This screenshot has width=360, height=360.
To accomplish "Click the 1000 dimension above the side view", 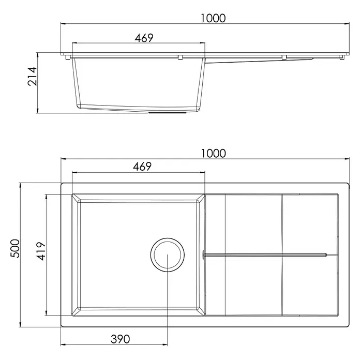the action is pyautogui.click(x=213, y=18).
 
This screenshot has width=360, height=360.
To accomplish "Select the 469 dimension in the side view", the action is pyautogui.click(x=144, y=38).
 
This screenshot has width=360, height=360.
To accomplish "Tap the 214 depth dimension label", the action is pyautogui.click(x=32, y=77).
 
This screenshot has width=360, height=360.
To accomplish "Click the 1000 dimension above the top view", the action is pyautogui.click(x=213, y=153).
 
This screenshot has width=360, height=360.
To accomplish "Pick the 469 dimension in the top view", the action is pyautogui.click(x=142, y=167).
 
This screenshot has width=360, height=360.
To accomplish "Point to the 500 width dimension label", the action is pyautogui.click(x=16, y=248).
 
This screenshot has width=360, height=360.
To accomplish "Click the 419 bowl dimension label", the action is pyautogui.click(x=41, y=251).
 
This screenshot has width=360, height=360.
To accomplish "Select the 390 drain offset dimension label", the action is pyautogui.click(x=121, y=339).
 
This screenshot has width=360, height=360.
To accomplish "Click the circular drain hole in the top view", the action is pyautogui.click(x=168, y=238).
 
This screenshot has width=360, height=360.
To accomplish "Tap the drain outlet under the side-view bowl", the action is pyautogui.click(x=168, y=113).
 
